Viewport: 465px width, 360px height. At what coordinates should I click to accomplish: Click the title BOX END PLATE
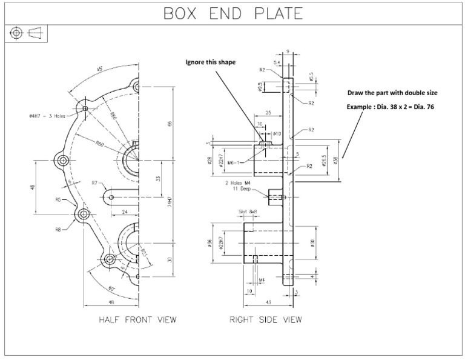(232, 13)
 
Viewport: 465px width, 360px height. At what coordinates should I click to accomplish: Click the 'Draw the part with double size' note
(392, 93)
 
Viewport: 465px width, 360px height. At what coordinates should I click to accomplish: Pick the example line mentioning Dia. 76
(391, 107)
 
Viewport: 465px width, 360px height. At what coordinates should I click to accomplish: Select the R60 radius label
(101, 143)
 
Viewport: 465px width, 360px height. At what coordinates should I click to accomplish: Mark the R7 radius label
(95, 182)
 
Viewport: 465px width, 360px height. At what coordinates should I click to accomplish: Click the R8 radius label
(59, 229)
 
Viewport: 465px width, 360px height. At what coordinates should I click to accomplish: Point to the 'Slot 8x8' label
(248, 212)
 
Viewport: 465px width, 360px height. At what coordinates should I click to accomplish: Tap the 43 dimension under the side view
(268, 301)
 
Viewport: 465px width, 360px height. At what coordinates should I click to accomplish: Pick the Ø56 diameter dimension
(209, 242)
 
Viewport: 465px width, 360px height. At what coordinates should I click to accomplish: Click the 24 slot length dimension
(124, 212)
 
